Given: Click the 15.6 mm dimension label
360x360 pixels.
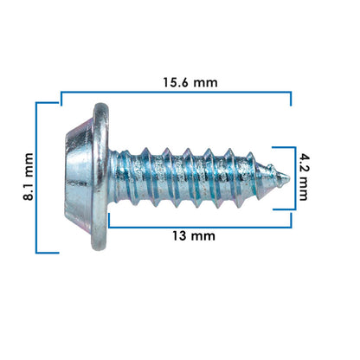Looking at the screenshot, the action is [190, 82].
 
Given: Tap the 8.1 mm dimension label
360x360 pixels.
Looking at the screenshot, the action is [29, 177].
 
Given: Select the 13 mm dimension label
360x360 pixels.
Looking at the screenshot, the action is [194, 236].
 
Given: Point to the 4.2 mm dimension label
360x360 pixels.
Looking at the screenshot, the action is [304, 177].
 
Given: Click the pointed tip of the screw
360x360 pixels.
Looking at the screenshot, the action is [288, 177].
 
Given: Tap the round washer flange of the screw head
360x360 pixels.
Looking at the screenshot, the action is [100, 177].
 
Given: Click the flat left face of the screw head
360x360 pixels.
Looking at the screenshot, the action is [66, 177].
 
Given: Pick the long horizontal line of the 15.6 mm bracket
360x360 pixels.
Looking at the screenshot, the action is [176, 93].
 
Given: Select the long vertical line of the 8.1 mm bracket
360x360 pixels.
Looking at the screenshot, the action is [36, 177].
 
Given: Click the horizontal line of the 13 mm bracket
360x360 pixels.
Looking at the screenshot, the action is [200, 227].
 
